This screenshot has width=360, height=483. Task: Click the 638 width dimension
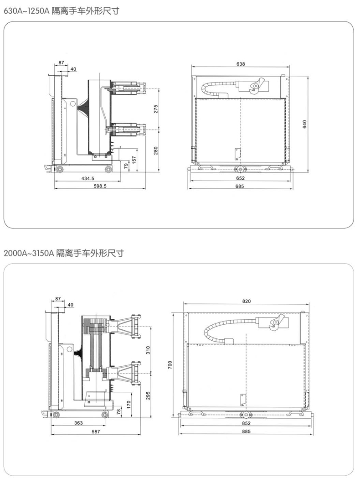(x=241, y=64)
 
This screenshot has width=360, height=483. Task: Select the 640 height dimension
(x=305, y=125)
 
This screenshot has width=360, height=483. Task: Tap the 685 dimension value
(x=240, y=186)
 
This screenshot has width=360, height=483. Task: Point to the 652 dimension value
(x=240, y=178)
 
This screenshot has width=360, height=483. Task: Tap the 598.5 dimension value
(x=99, y=186)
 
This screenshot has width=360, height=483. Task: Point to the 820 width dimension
(x=247, y=301)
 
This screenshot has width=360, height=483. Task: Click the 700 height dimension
(x=170, y=364)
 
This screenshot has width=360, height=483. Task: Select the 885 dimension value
(x=247, y=431)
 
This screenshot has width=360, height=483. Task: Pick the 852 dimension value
(x=247, y=423)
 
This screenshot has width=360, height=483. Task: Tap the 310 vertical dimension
(x=148, y=350)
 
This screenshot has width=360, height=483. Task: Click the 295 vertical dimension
(x=148, y=395)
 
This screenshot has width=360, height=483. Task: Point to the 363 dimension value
(x=78, y=423)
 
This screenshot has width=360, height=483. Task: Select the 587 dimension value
(x=95, y=431)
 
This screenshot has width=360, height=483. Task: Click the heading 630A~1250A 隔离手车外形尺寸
(x=62, y=10)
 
